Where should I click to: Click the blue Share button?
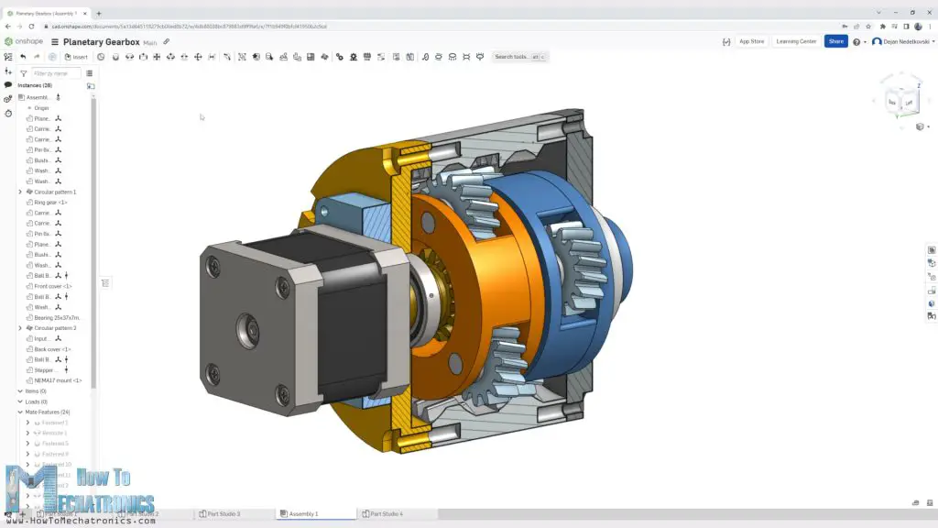click(x=835, y=41)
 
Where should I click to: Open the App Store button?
click(x=751, y=41)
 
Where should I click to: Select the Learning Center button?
click(x=795, y=41)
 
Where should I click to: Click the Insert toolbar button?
click(x=76, y=57)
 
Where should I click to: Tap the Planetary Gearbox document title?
click(x=101, y=42)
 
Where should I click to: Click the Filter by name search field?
click(x=56, y=73)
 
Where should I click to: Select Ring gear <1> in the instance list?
click(x=50, y=203)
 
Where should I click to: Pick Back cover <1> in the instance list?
click(x=52, y=349)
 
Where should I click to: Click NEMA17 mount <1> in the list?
click(x=58, y=380)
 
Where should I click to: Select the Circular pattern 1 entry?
click(x=55, y=192)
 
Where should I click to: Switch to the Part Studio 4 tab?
click(x=386, y=514)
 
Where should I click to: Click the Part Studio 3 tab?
click(x=224, y=514)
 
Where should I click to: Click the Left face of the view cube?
click(x=909, y=104)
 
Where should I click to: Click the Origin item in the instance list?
click(x=41, y=108)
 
